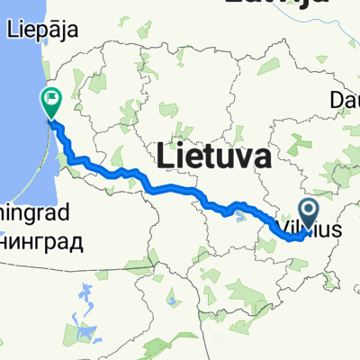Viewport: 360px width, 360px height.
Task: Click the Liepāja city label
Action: coord(42,30)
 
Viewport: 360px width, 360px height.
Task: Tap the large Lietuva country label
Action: coord(214,157)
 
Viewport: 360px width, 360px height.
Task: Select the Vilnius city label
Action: coord(310,231)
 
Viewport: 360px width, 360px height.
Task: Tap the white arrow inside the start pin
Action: coord(307,212)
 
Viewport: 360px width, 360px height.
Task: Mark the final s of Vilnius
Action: coord(337,231)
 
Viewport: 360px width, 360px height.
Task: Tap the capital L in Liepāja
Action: coord(12,29)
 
